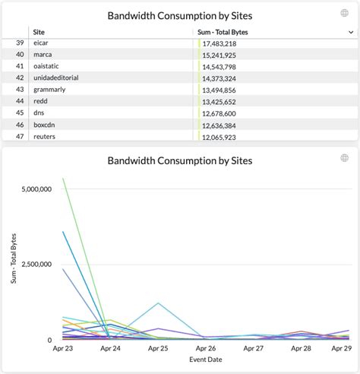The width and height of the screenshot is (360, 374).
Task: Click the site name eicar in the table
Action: pyautogui.click(x=42, y=44)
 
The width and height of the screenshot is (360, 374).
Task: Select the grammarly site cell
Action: pyautogui.click(x=49, y=90)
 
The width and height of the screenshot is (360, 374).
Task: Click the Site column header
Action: pyautogui.click(x=39, y=32)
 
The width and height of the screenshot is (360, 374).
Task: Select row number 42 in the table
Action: pyautogui.click(x=20, y=78)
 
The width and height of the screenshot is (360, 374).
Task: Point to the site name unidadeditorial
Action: pyautogui.click(x=55, y=78)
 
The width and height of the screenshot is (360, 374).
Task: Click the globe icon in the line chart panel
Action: pyautogui.click(x=345, y=158)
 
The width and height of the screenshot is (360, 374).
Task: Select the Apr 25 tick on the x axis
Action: pyautogui.click(x=158, y=348)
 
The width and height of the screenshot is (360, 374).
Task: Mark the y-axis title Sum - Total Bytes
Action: pyautogui.click(x=12, y=259)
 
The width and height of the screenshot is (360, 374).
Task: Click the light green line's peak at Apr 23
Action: pyautogui.click(x=63, y=179)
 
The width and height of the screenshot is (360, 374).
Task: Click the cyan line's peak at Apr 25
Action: pyautogui.click(x=158, y=303)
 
